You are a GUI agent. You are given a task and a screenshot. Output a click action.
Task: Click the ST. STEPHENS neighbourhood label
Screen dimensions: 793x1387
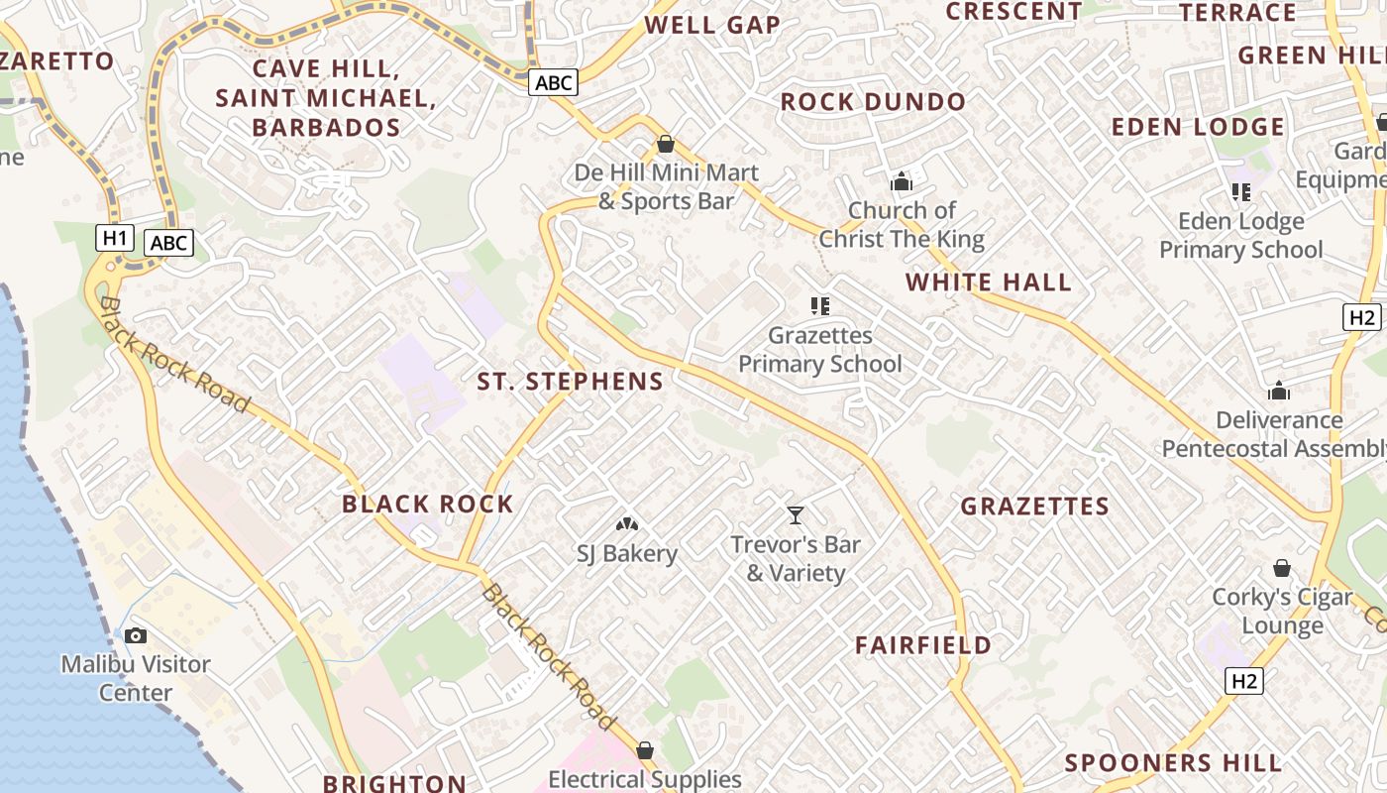click(x=570, y=382)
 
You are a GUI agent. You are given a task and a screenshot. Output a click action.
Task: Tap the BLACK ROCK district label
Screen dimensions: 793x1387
click(x=427, y=504)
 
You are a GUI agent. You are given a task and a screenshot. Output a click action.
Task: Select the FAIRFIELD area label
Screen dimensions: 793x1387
click(x=922, y=645)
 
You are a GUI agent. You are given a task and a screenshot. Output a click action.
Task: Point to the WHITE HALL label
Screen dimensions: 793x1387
click(x=988, y=283)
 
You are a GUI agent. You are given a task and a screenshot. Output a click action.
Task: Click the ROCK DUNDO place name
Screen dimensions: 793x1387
click(x=873, y=102)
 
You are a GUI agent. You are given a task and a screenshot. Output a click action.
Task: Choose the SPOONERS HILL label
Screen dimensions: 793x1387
click(x=1173, y=763)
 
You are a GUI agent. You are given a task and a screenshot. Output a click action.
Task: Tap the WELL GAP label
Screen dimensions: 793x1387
click(x=712, y=25)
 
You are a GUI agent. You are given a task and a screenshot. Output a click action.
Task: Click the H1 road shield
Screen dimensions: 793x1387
click(x=115, y=238)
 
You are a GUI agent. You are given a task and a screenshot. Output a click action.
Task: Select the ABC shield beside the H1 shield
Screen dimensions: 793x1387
click(x=168, y=243)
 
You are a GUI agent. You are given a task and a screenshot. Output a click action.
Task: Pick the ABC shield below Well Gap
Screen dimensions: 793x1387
click(x=552, y=82)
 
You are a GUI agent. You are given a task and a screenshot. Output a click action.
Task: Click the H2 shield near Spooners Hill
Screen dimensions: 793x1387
click(x=1244, y=681)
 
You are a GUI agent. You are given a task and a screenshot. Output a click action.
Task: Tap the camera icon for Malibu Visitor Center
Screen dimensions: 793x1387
click(x=136, y=635)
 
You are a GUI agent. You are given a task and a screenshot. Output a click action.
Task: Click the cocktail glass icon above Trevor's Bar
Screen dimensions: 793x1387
click(x=795, y=514)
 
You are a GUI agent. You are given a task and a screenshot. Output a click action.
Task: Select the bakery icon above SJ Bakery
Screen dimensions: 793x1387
click(x=626, y=523)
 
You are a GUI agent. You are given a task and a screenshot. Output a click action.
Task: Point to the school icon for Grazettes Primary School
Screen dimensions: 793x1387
click(x=819, y=306)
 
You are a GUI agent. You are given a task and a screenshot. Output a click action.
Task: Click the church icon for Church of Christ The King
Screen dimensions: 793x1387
click(x=901, y=181)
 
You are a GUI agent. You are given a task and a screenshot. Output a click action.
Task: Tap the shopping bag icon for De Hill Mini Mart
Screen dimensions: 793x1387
click(x=665, y=145)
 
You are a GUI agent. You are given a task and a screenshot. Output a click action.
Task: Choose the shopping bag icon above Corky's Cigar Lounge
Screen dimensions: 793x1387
click(x=1281, y=568)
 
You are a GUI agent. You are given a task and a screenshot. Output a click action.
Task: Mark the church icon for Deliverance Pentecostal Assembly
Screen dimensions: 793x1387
click(x=1278, y=391)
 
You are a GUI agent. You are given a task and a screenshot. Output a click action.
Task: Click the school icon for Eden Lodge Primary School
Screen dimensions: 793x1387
click(x=1240, y=191)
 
